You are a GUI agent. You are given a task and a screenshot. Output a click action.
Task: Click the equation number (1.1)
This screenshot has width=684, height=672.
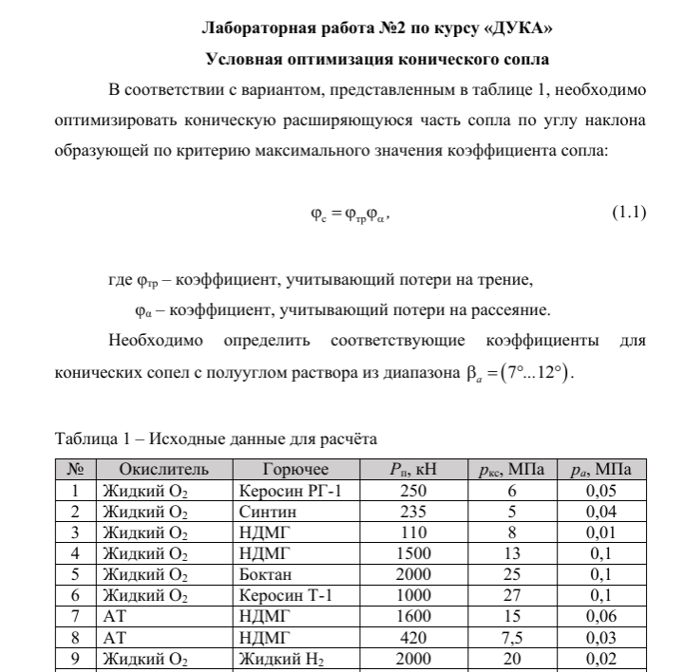[x=627, y=213]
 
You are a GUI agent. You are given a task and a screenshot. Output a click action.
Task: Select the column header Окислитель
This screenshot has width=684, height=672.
[x=163, y=468]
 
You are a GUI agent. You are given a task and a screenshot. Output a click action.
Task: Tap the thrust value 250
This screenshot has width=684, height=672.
[x=414, y=491]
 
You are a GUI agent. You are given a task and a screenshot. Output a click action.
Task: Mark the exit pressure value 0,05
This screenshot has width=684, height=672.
[x=601, y=491]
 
